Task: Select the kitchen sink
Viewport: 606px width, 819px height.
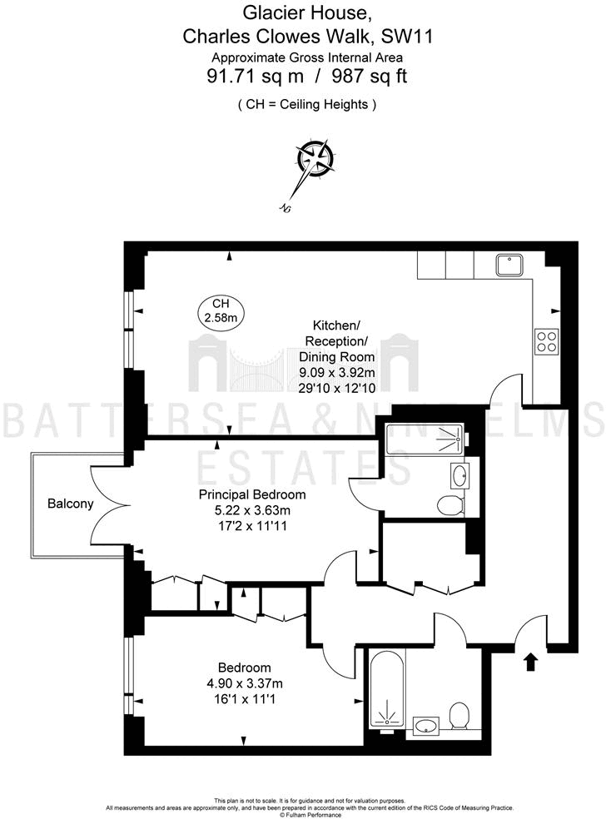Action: pos(509,265)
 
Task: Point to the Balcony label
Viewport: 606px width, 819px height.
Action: pos(70,504)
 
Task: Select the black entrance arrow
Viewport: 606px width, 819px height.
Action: pos(529,662)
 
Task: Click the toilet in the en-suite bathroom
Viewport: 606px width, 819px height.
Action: pos(450,504)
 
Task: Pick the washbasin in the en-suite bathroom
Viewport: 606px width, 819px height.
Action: pos(459,476)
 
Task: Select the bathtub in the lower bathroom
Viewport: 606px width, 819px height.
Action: pos(387,690)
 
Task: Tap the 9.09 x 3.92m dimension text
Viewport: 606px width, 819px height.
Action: pos(336,372)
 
